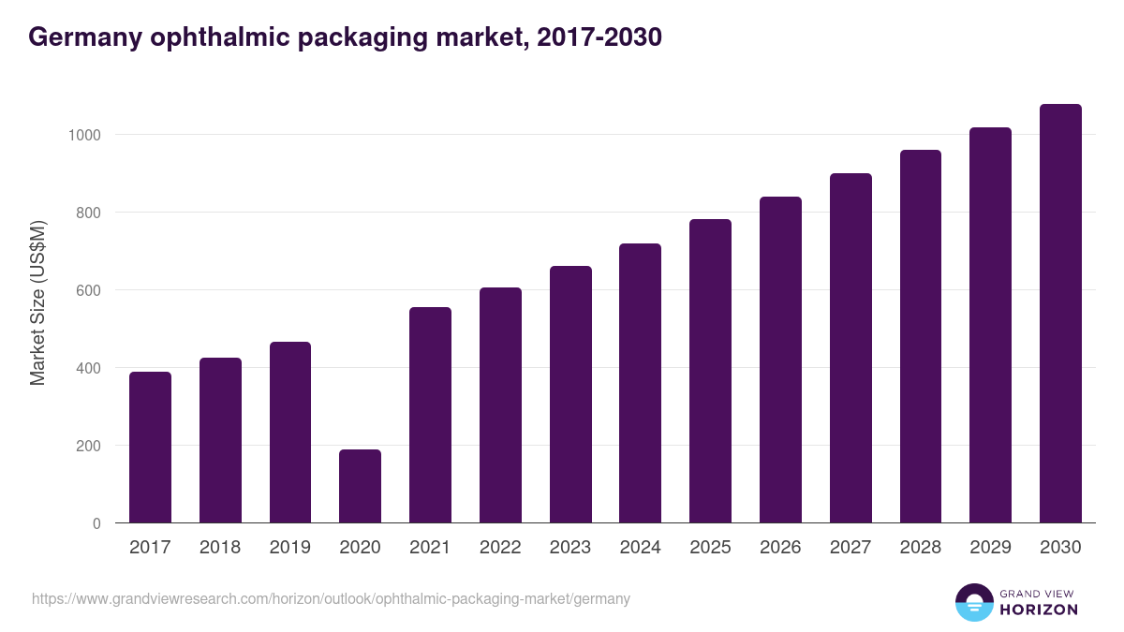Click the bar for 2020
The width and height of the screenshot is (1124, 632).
pyautogui.click(x=360, y=486)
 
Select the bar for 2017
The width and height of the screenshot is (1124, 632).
pyautogui.click(x=150, y=448)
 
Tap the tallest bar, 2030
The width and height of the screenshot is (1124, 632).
pyautogui.click(x=1060, y=314)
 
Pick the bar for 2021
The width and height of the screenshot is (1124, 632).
pyautogui.click(x=430, y=415)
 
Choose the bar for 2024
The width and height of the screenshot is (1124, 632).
pyautogui.click(x=640, y=383)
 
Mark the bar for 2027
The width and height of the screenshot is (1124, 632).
pyautogui.click(x=850, y=348)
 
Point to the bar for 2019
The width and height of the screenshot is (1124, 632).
pyautogui.click(x=290, y=433)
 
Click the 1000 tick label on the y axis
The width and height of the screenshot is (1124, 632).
pyautogui.click(x=83, y=135)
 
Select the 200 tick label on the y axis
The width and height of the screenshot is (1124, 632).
pyautogui.click(x=88, y=446)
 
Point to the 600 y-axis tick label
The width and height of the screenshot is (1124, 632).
pyautogui.click(x=88, y=290)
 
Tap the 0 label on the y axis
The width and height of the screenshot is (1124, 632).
pyautogui.click(x=96, y=523)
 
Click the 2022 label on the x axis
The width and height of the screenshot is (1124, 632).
pyautogui.click(x=500, y=548)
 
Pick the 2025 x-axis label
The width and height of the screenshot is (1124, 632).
pyautogui.click(x=710, y=548)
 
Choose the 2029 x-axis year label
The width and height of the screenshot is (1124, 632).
pyautogui.click(x=990, y=548)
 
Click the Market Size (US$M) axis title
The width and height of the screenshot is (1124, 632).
pyautogui.click(x=37, y=302)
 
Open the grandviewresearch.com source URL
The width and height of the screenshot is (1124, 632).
pyautogui.click(x=331, y=598)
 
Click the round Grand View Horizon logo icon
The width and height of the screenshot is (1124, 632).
pyautogui.click(x=974, y=602)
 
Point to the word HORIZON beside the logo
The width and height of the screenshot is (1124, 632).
pyautogui.click(x=1039, y=610)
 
